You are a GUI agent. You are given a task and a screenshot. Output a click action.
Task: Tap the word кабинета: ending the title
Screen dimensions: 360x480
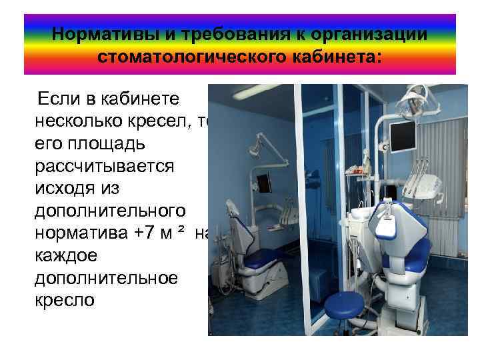tap(338, 57)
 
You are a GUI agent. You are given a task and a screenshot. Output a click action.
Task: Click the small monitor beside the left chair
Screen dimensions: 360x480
tap(264, 180)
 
